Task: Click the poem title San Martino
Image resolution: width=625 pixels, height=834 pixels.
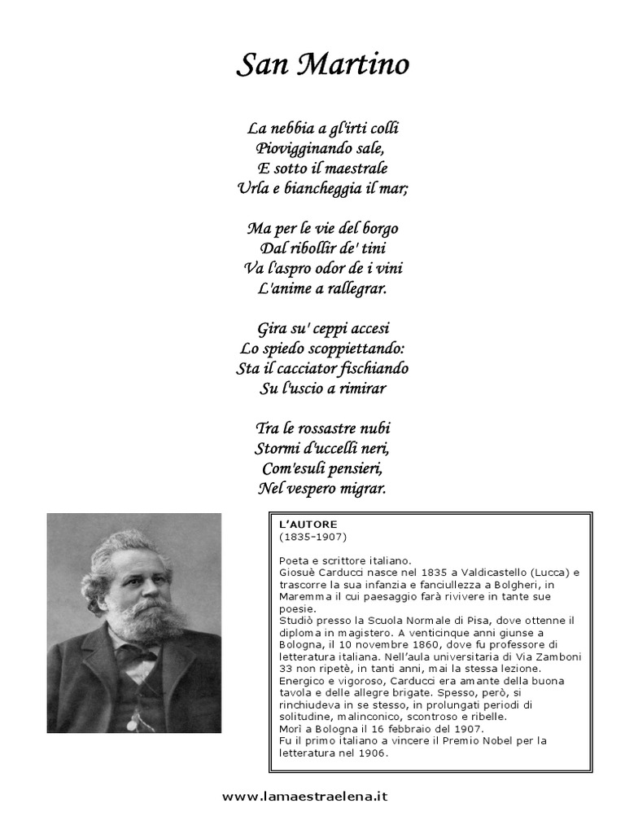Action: (322, 65)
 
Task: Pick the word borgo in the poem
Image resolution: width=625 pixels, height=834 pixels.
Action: (379, 228)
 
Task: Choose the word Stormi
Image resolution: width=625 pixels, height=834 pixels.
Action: (278, 448)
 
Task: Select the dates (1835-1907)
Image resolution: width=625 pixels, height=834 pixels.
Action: (313, 537)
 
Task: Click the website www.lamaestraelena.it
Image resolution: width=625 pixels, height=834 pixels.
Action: (305, 797)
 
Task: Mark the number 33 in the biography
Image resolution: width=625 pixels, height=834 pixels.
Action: (286, 668)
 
